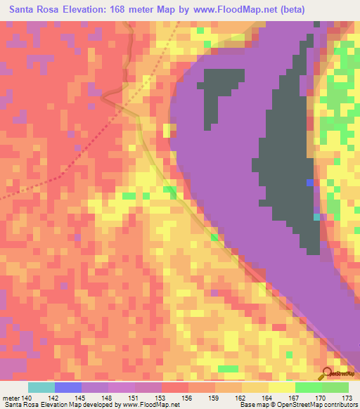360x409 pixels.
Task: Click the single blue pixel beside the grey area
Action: (309, 182)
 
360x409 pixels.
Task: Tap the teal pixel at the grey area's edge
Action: (316, 217)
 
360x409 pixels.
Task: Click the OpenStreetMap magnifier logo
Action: (327, 372)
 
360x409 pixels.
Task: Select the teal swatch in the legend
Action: (41, 387)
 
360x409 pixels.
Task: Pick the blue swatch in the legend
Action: (68, 387)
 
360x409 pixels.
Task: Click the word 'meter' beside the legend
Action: (9, 397)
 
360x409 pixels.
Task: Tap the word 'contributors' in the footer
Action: (337, 405)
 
